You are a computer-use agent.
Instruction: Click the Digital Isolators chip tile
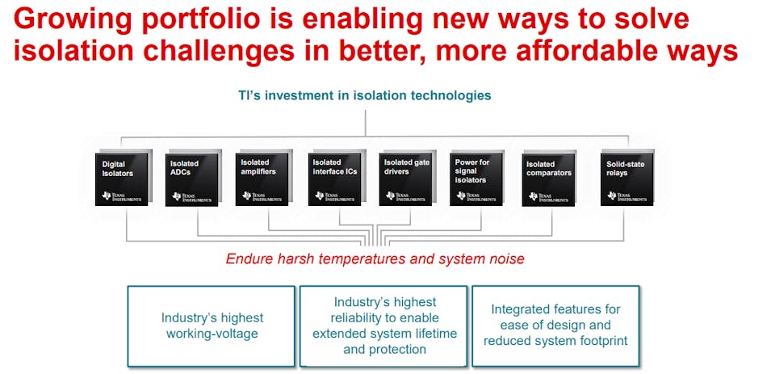click(x=122, y=179)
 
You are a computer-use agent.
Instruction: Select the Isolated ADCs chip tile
click(x=192, y=179)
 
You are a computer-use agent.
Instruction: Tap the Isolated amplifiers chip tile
click(x=262, y=179)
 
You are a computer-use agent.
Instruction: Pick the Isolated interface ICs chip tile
click(x=334, y=179)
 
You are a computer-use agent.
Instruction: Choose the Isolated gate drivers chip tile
click(x=405, y=179)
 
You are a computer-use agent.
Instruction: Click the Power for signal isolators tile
click(x=476, y=179)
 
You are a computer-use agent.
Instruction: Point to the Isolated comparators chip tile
click(x=548, y=179)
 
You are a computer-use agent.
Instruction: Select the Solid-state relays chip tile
click(x=627, y=179)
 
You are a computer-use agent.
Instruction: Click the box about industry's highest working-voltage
click(x=212, y=326)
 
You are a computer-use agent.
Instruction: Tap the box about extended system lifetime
click(x=383, y=326)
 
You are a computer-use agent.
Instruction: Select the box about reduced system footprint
click(x=555, y=326)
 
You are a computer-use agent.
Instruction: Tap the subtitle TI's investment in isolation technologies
click(x=365, y=95)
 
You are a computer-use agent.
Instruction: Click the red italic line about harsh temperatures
click(x=375, y=258)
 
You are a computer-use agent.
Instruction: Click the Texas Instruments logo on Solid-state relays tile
click(x=627, y=196)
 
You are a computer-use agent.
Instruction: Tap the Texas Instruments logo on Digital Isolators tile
click(x=122, y=196)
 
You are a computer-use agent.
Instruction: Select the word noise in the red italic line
click(x=507, y=258)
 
